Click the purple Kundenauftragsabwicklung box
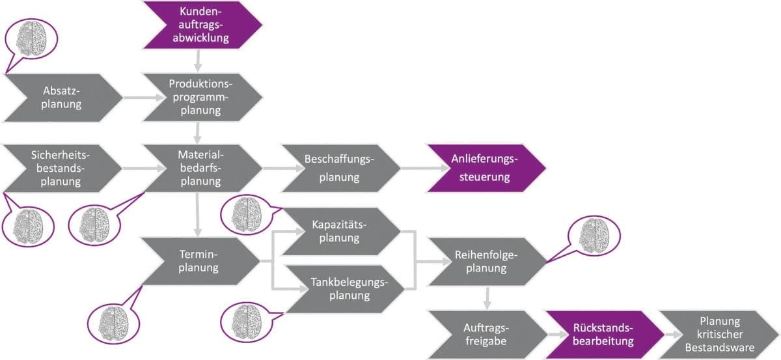click(202, 25)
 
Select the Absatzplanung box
click(62, 98)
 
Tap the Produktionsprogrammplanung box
click(202, 98)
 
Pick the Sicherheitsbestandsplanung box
click(62, 168)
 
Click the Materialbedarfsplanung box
click(201, 168)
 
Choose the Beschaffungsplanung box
click(340, 168)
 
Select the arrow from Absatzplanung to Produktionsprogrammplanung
click(143, 98)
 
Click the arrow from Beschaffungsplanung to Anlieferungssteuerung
click(413, 169)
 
